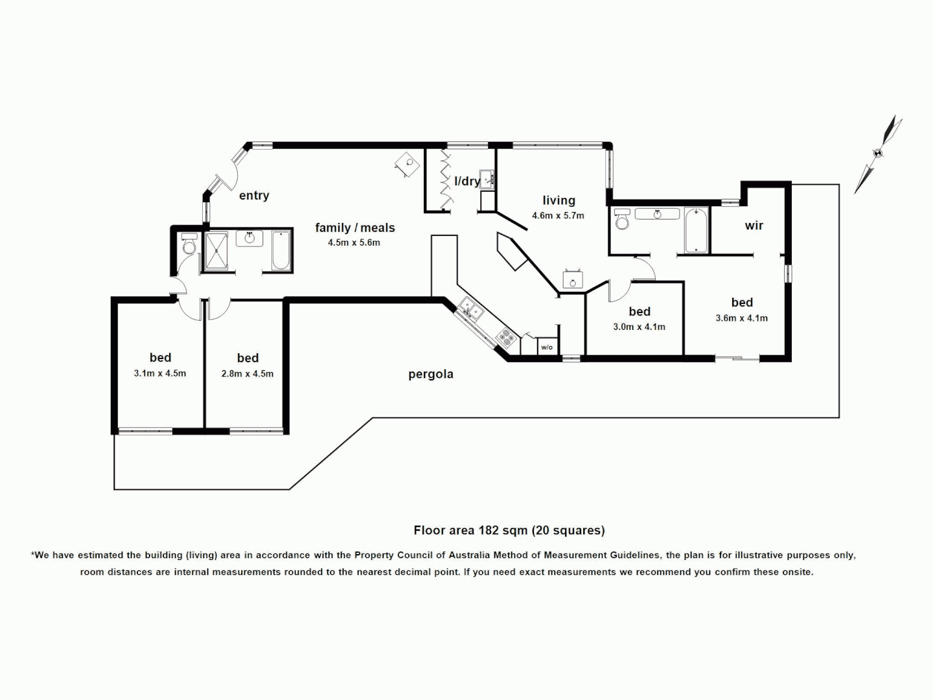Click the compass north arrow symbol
tap(878, 154)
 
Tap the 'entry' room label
tap(254, 196)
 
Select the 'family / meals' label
tap(354, 227)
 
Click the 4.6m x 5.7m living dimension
tap(558, 216)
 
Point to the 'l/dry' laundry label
tap(466, 181)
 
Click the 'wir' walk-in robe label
tap(754, 226)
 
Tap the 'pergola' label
tap(430, 375)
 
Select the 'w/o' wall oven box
tap(547, 347)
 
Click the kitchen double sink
tap(470, 310)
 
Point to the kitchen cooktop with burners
tap(506, 337)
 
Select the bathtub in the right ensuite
tap(697, 229)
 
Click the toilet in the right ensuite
tap(622, 220)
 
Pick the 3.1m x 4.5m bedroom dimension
tap(160, 373)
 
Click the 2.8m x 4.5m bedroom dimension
tap(248, 374)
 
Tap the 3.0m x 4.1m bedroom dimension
tap(639, 327)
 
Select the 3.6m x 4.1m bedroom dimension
tap(741, 318)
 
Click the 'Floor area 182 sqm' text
tap(509, 530)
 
